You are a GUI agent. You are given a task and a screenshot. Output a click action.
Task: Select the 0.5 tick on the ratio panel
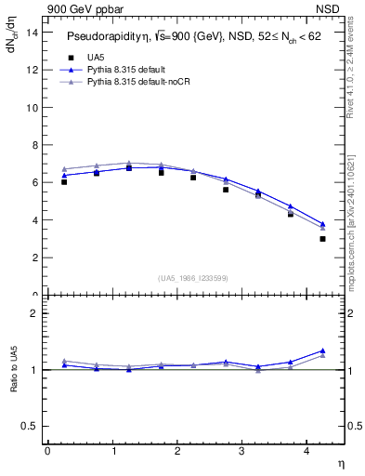point(28,426)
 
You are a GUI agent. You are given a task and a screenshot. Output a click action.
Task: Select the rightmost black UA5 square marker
point(322,239)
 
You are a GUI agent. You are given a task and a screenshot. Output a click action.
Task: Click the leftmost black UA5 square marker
point(64,182)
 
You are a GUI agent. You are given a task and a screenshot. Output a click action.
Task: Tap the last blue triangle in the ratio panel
point(322,350)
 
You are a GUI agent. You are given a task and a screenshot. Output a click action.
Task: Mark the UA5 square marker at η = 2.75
point(226,190)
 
